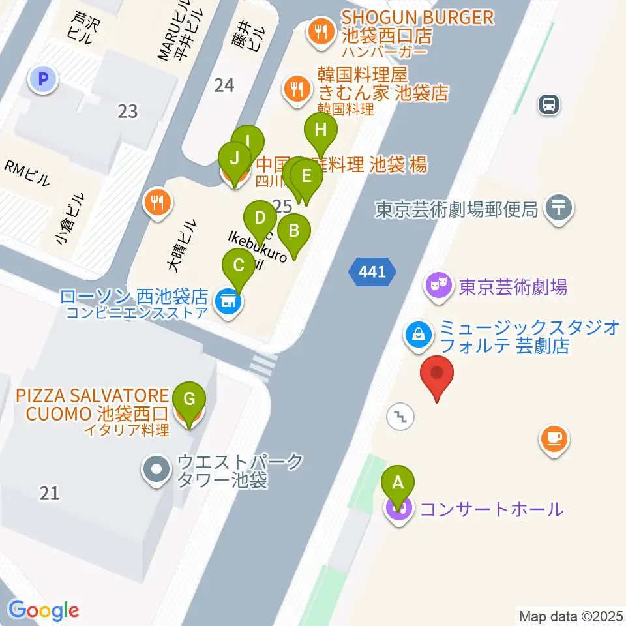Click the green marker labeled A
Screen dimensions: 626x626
[401, 483]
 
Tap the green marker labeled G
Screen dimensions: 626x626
[189, 398]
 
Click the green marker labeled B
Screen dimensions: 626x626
[294, 230]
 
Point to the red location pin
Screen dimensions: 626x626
[437, 374]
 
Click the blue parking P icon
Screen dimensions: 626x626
[43, 80]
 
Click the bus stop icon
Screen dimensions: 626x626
[550, 104]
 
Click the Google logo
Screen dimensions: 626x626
[44, 610]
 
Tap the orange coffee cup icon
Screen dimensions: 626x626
[554, 438]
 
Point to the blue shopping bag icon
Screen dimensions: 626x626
[417, 335]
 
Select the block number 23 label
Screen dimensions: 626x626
[128, 112]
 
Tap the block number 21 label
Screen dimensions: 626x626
[50, 494]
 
